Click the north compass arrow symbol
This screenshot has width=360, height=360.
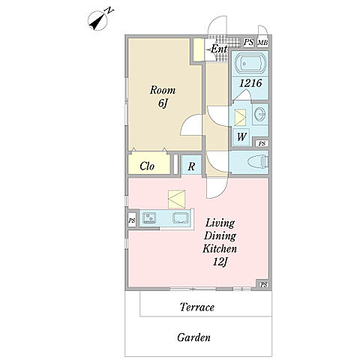(98, 21)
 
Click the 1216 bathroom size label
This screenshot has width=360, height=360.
(250, 83)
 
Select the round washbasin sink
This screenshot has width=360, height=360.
(260, 114)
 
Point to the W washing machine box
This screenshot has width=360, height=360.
(241, 136)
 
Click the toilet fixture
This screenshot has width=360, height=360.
(258, 162)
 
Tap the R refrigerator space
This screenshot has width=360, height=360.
(191, 165)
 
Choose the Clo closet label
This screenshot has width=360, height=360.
(147, 166)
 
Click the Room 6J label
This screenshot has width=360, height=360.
(163, 97)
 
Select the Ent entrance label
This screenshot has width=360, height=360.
(217, 49)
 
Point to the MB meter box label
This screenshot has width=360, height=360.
(262, 43)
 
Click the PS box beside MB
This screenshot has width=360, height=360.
(248, 42)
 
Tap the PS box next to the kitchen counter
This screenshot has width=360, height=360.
(132, 220)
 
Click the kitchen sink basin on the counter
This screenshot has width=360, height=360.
(181, 217)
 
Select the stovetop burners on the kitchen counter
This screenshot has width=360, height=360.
(149, 218)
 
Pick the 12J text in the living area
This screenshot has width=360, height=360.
(220, 262)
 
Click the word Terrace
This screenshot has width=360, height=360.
(197, 307)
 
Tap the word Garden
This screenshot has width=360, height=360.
(193, 337)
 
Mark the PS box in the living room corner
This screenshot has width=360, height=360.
(263, 284)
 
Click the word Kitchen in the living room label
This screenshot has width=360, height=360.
(220, 248)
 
